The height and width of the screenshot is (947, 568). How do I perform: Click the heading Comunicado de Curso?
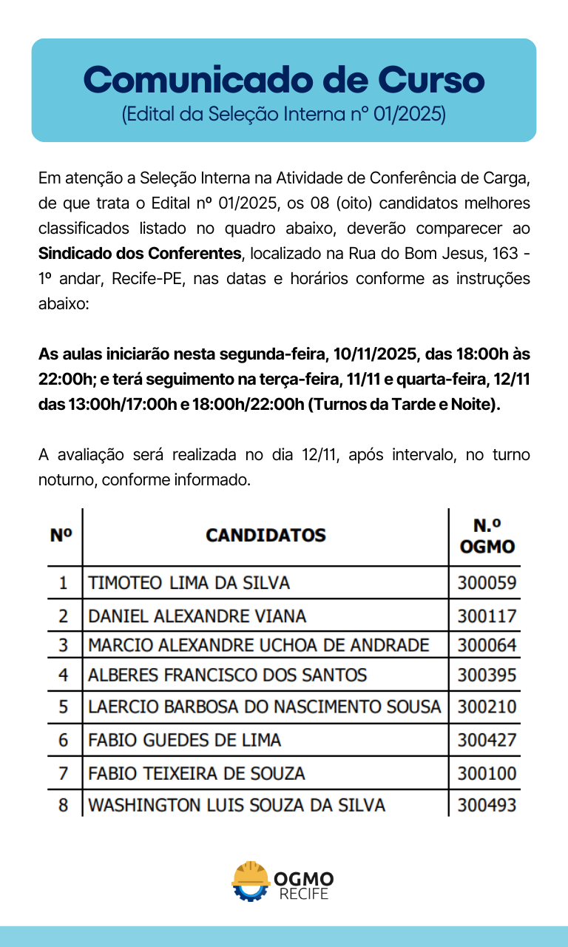284,79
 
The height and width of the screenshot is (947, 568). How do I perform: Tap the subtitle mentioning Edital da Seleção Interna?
284,115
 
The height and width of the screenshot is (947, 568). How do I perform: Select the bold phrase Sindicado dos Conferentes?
140,254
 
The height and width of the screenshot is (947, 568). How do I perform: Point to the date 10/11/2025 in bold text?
375,354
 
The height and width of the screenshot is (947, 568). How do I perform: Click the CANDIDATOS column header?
266,535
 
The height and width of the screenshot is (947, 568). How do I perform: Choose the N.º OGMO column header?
487,536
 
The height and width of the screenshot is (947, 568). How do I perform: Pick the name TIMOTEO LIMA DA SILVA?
189,583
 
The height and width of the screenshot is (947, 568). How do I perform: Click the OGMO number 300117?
487,616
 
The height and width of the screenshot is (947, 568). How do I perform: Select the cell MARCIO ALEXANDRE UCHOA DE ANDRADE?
258,645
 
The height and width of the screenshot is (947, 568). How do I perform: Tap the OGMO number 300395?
487,675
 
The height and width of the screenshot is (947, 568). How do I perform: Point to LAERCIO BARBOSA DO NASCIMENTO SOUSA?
264,707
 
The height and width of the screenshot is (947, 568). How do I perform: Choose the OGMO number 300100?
487,774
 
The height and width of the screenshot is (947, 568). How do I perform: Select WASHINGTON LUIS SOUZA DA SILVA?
237,805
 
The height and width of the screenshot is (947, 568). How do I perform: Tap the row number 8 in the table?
64,805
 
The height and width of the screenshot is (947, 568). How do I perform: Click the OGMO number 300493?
487,805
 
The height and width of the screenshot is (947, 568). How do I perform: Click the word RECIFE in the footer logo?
303,894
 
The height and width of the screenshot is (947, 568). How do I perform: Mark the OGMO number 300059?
487,583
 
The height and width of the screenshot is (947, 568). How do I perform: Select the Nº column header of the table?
61,535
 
